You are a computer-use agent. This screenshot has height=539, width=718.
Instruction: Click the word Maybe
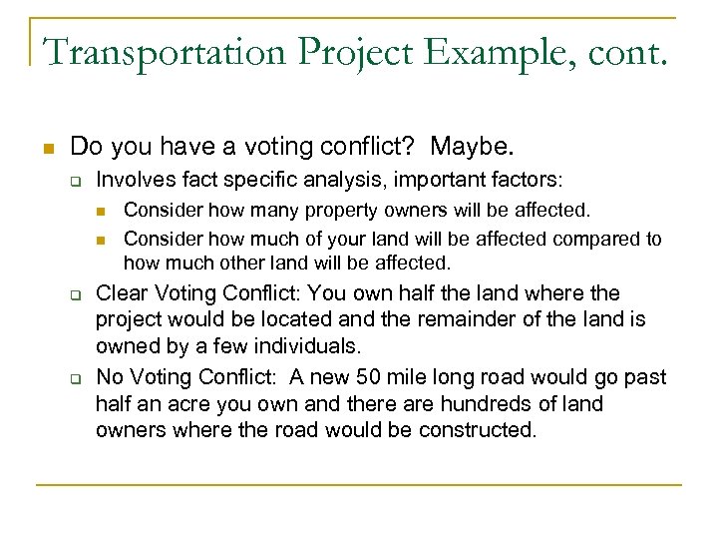point(476,148)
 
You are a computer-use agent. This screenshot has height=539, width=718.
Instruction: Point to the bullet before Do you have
point(47,149)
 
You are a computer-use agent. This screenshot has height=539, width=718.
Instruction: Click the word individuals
point(302,347)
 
